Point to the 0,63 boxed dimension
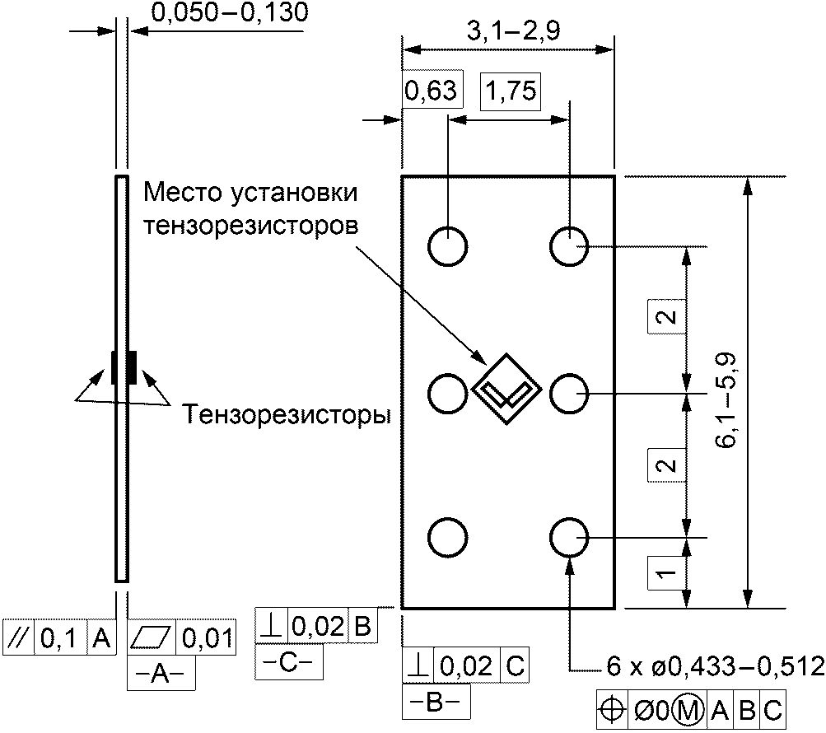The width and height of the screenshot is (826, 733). (x=431, y=90)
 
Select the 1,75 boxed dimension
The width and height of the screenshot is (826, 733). (x=511, y=91)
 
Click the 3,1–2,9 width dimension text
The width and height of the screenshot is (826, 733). (x=514, y=31)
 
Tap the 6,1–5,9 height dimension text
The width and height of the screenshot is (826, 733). (x=726, y=400)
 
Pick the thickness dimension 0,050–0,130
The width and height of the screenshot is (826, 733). (x=230, y=12)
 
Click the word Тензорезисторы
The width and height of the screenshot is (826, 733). (x=287, y=414)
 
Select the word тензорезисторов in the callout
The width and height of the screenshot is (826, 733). (x=250, y=226)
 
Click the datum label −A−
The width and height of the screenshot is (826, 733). (x=161, y=673)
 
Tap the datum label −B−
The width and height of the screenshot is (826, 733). (x=436, y=702)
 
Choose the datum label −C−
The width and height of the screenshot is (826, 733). (x=289, y=662)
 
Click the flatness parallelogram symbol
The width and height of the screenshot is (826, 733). (x=152, y=637)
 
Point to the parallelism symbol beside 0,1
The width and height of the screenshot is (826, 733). (x=19, y=637)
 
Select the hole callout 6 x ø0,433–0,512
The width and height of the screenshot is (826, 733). (x=716, y=668)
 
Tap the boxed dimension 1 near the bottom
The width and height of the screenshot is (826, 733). (x=666, y=572)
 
